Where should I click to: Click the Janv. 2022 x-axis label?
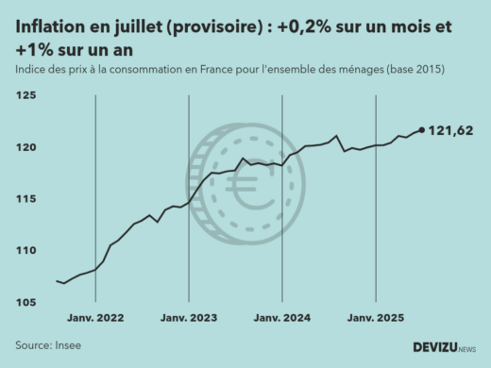click(96, 318)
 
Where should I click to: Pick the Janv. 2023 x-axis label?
click(189, 318)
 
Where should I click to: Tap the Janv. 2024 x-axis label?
click(282, 318)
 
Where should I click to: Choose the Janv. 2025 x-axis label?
click(376, 318)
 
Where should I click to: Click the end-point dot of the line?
click(421, 130)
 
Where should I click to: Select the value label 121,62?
click(450, 130)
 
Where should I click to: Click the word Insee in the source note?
click(67, 345)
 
